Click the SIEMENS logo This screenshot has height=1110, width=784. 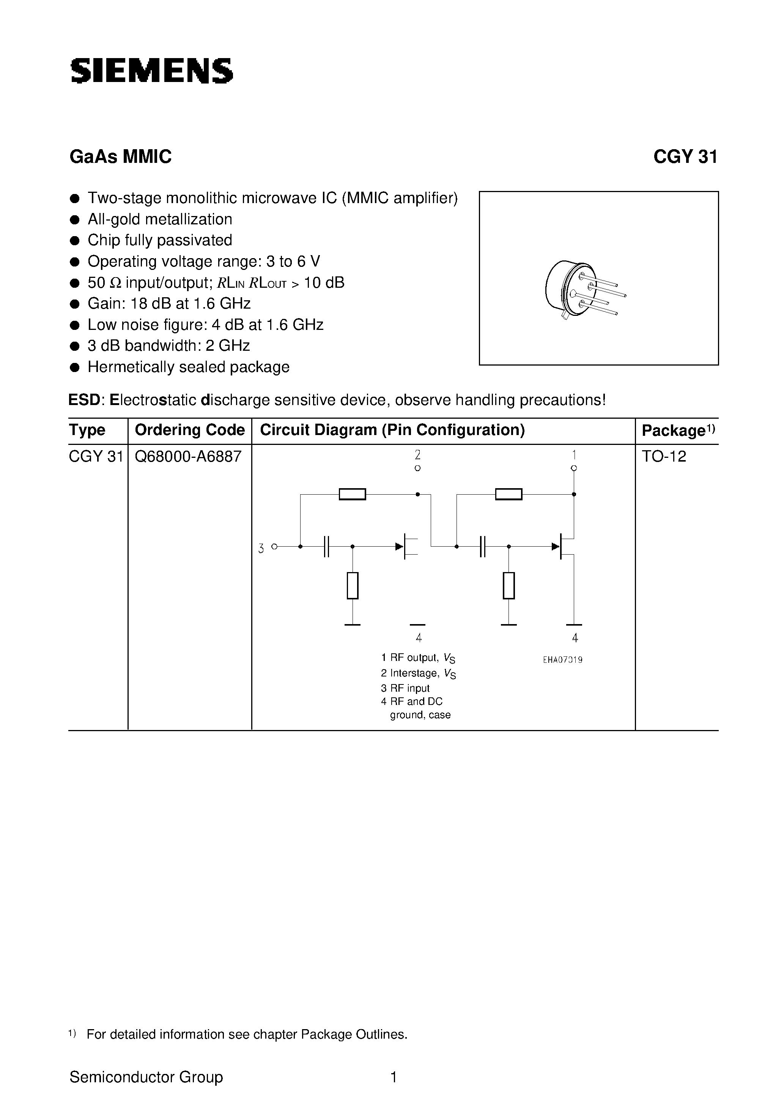151,71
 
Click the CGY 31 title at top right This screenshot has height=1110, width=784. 685,157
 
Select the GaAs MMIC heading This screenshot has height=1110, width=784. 120,157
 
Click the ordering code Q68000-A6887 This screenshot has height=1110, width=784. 188,456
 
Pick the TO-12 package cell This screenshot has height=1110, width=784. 664,456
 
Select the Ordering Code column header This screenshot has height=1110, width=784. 189,430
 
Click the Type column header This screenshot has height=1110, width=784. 87,430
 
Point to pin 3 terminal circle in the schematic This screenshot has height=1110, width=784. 274,546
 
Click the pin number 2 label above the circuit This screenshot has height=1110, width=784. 418,454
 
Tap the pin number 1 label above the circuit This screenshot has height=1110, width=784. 574,454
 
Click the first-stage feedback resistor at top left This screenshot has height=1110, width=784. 353,494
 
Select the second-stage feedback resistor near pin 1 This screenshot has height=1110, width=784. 508,494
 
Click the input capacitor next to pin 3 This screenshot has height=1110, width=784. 326,546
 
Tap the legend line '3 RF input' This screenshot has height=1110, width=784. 405,688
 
